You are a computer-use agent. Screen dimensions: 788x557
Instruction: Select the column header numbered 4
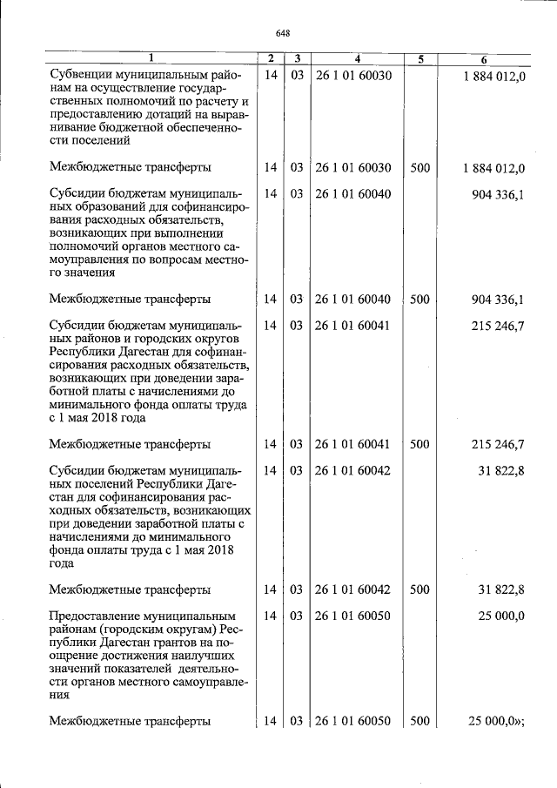357,59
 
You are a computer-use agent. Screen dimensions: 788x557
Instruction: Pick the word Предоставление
97,616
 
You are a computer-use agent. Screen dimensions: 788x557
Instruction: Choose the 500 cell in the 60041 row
419,444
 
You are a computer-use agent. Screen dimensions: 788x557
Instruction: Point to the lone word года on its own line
63,562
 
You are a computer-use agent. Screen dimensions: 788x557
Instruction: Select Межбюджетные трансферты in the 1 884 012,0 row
130,167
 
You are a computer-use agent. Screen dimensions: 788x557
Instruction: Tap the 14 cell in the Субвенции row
271,76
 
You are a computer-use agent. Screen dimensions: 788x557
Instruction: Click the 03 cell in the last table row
296,721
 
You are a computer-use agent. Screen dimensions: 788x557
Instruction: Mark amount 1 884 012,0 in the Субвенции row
493,76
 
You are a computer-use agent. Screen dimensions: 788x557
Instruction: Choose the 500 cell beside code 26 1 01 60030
419,167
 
